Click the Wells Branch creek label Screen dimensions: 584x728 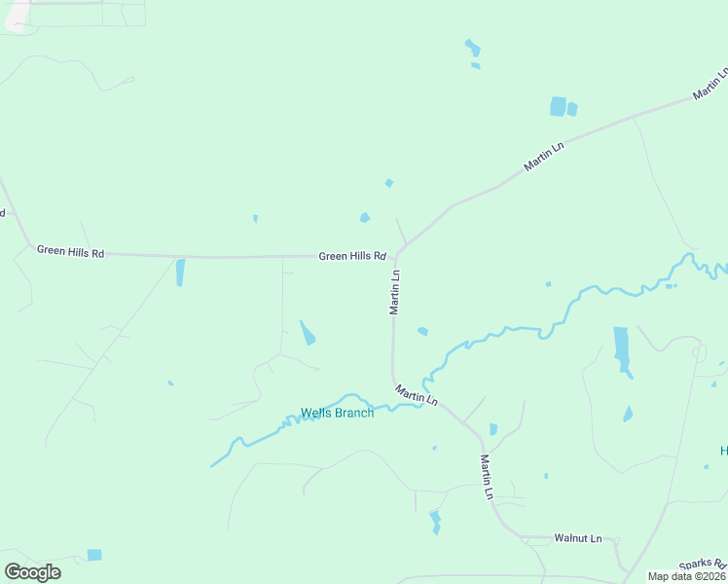(x=337, y=413)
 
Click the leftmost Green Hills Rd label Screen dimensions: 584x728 (x=70, y=251)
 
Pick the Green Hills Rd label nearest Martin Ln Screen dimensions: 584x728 (x=352, y=257)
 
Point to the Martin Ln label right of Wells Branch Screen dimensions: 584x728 (x=417, y=394)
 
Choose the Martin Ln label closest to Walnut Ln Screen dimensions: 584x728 (x=487, y=477)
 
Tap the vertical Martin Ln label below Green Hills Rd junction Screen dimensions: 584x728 (x=395, y=292)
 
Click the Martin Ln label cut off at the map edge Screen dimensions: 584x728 (x=710, y=84)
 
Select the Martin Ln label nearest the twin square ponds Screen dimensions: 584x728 (x=544, y=157)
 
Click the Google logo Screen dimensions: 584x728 (x=32, y=572)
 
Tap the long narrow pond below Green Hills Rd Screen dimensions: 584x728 (x=180, y=273)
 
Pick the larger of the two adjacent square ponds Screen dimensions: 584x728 (x=558, y=106)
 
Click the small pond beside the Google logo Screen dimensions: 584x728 (x=93, y=555)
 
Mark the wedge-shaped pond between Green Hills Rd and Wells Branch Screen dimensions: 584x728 (x=308, y=334)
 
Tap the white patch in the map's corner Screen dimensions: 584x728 (x=18, y=18)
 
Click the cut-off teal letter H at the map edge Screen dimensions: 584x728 (x=723, y=451)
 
